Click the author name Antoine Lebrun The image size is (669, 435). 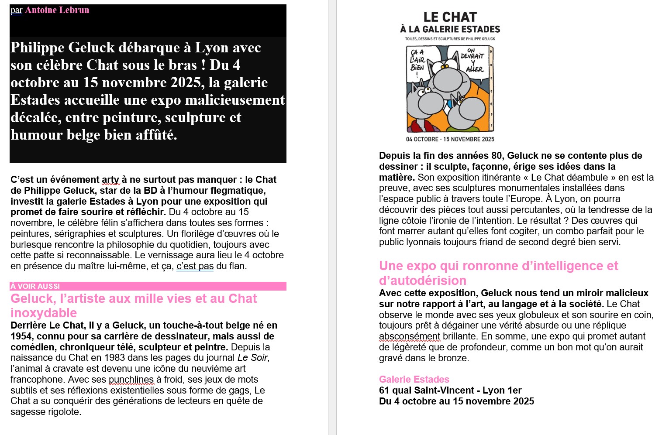(57, 10)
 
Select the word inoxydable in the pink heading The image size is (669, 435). (44, 313)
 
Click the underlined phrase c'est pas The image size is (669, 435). (195, 266)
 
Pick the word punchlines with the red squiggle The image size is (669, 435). (131, 380)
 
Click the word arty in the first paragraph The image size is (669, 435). (110, 180)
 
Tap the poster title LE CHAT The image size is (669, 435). (450, 17)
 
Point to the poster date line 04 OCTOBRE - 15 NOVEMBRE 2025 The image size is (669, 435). (450, 139)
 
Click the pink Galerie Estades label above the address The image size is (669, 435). (414, 380)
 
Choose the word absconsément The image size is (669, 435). (410, 336)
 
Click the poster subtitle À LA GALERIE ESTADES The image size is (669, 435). (450, 29)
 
